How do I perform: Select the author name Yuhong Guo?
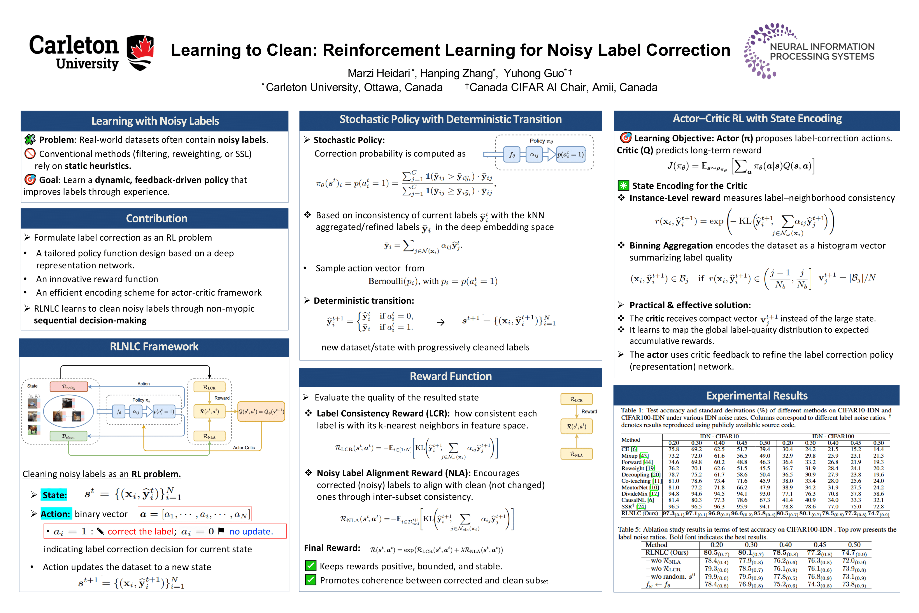(534, 73)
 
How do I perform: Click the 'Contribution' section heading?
(156, 218)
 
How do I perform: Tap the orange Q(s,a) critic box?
(261, 411)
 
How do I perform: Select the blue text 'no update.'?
(251, 531)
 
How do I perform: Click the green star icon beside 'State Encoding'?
(623, 185)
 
